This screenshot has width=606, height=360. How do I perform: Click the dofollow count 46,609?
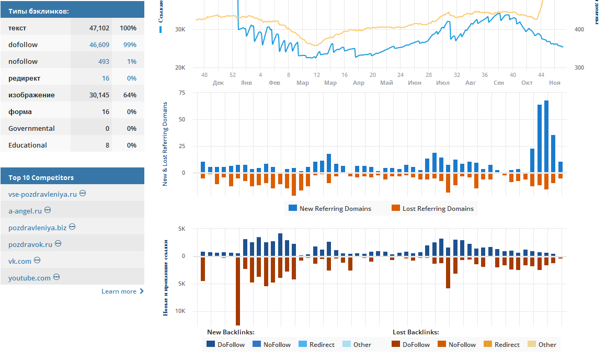pyautogui.click(x=99, y=45)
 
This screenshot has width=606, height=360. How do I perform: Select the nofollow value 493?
pyautogui.click(x=104, y=62)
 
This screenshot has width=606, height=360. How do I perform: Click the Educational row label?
pyautogui.click(x=28, y=145)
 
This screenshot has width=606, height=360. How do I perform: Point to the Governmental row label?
pyautogui.click(x=31, y=129)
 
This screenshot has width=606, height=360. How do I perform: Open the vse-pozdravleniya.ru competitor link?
pyautogui.click(x=42, y=194)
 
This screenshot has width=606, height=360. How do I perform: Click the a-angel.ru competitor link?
pyautogui.click(x=25, y=211)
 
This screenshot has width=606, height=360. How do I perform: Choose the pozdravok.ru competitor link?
pyautogui.click(x=30, y=244)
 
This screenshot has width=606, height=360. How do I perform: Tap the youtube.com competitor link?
pyautogui.click(x=29, y=278)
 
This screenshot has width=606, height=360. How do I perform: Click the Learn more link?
pyautogui.click(x=119, y=291)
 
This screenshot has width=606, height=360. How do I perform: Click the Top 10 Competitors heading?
pyautogui.click(x=41, y=177)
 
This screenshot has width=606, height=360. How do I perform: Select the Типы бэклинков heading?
pyautogui.click(x=38, y=11)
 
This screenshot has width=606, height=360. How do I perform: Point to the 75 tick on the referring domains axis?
pyautogui.click(x=182, y=93)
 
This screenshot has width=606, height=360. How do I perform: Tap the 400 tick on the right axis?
pyautogui.click(x=579, y=30)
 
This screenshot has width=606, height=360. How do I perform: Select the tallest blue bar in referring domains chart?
pyautogui.click(x=546, y=137)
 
